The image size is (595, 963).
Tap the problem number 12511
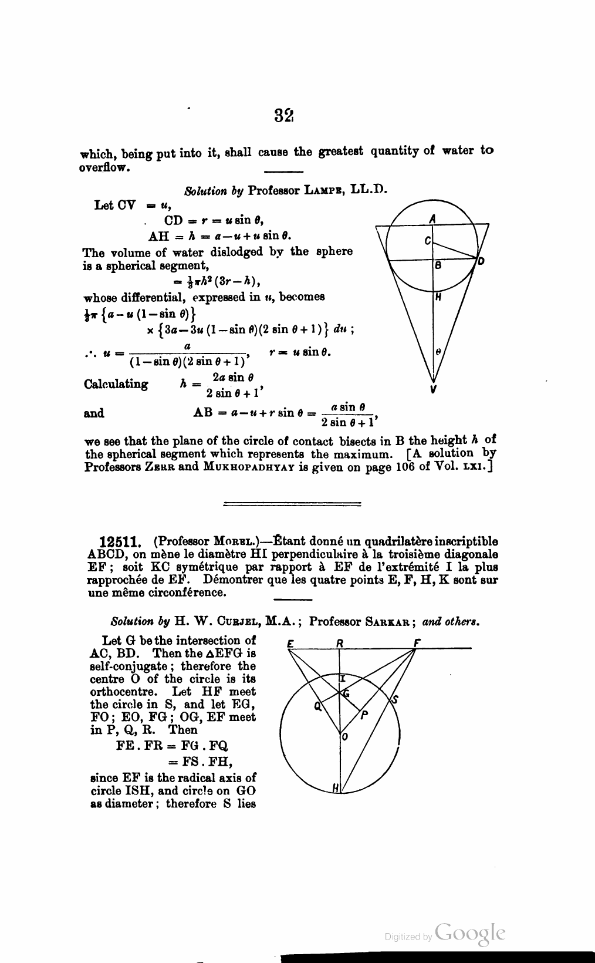(119, 541)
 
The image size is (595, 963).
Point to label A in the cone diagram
(432, 218)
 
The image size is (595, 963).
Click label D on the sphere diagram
(481, 261)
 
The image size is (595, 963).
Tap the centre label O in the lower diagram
(344, 738)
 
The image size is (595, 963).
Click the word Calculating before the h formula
(116, 384)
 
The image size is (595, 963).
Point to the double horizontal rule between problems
(293, 503)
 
